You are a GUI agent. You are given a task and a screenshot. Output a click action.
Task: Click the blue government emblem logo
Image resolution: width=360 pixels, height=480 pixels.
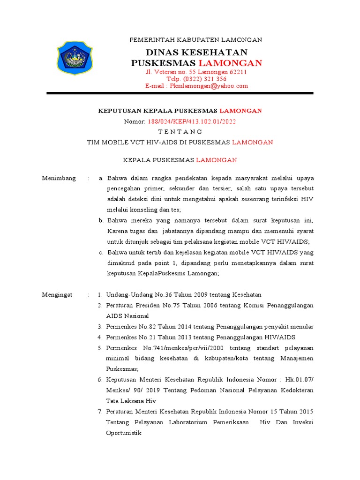pos(75,58)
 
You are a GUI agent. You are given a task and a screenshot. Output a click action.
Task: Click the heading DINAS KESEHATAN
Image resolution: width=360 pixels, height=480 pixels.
pos(196,52)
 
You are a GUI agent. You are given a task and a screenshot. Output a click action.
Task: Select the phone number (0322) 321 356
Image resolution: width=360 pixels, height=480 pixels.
pos(206,79)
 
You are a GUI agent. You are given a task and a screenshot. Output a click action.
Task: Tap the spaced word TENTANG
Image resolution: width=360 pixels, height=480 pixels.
pos(180,131)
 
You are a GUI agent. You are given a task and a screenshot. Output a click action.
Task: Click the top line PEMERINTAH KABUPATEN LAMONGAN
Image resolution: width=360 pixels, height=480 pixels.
pos(196,40)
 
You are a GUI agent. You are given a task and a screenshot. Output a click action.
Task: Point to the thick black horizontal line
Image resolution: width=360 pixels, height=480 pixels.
pos(180,94)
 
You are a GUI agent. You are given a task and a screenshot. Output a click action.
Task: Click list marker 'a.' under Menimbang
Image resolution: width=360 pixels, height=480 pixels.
pos(100,179)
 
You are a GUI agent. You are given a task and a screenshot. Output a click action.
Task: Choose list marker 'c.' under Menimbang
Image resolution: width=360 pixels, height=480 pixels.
pos(101,253)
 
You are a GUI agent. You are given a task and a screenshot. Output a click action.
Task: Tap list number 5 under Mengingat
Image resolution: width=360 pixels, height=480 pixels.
pos(100,348)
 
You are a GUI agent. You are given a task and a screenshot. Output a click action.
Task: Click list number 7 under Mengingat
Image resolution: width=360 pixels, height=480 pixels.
pos(100,411)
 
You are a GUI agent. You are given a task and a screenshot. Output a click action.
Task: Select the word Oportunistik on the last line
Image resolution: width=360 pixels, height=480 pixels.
pos(124,433)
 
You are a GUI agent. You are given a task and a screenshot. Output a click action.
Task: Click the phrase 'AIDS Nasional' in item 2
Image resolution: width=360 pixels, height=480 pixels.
pos(127,316)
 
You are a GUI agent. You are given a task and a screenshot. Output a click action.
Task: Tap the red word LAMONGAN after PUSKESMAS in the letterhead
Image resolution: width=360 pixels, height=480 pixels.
pos(230,63)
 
